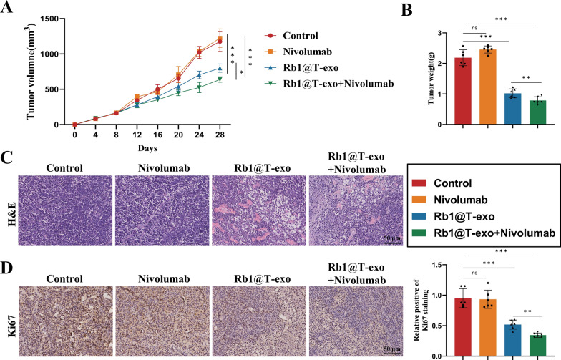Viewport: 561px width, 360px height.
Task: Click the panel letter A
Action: tap(9, 8)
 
